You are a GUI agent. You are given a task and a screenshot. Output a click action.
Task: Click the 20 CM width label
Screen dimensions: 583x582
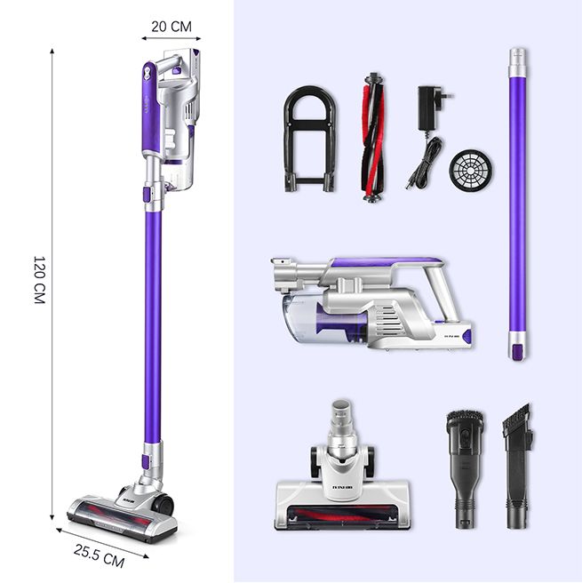coord(171,26)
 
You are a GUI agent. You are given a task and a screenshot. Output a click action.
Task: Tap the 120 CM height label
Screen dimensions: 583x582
coord(38,282)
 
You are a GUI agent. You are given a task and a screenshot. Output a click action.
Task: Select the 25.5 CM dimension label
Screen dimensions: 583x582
coord(100,554)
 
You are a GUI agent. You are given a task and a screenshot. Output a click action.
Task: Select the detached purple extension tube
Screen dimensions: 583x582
coord(517,204)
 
